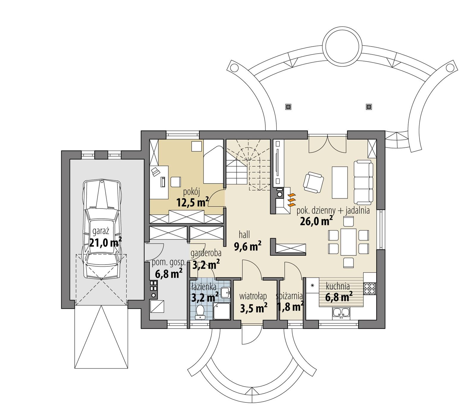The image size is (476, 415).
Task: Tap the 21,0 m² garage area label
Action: click(x=106, y=243)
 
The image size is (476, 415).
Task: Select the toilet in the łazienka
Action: click(x=199, y=311)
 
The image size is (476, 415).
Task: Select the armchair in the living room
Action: click(x=313, y=182)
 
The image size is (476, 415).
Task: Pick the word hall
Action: click(x=244, y=235)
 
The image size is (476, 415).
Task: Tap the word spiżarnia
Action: click(x=289, y=296)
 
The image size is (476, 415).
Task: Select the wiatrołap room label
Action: click(x=253, y=296)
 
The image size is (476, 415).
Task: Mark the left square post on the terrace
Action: click(x=288, y=106)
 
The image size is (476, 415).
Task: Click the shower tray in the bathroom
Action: click(x=222, y=312)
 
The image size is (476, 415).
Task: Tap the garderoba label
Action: click(x=206, y=253)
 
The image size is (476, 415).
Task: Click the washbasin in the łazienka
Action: click(x=225, y=293)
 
